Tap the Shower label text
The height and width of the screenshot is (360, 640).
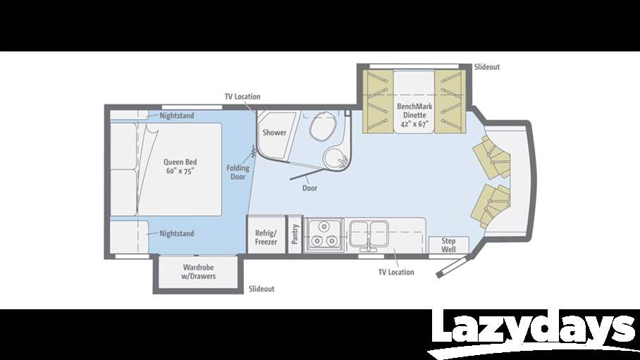[x=274, y=132]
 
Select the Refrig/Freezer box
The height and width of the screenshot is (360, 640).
[x=266, y=237]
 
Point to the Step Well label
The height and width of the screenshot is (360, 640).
[x=449, y=244]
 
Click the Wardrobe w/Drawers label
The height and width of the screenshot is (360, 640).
[x=198, y=271]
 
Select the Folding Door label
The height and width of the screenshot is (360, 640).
[x=238, y=172]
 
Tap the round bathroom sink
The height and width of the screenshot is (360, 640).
[x=334, y=159]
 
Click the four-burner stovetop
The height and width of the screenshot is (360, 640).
[x=324, y=234]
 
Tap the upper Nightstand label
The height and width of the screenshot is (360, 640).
[x=177, y=115]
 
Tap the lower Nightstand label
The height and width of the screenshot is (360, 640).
[x=176, y=233]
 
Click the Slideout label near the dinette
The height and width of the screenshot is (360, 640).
[x=486, y=67]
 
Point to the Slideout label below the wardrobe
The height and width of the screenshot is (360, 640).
[x=261, y=289]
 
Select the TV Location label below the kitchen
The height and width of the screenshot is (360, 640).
[x=396, y=272]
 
